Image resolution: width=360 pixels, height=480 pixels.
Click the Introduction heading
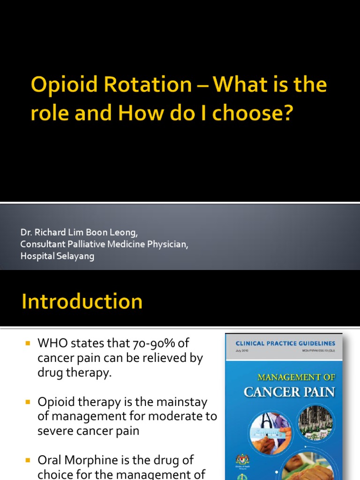tap(82, 301)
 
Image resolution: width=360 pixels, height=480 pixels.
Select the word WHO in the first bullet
tap(52, 344)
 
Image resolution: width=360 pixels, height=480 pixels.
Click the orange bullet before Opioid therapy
tap(27, 402)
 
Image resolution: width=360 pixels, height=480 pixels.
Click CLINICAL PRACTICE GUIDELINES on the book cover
tap(285, 343)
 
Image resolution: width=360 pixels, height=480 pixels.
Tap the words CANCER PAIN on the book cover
tap(289, 391)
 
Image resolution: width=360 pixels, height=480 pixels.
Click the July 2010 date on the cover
tap(243, 350)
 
